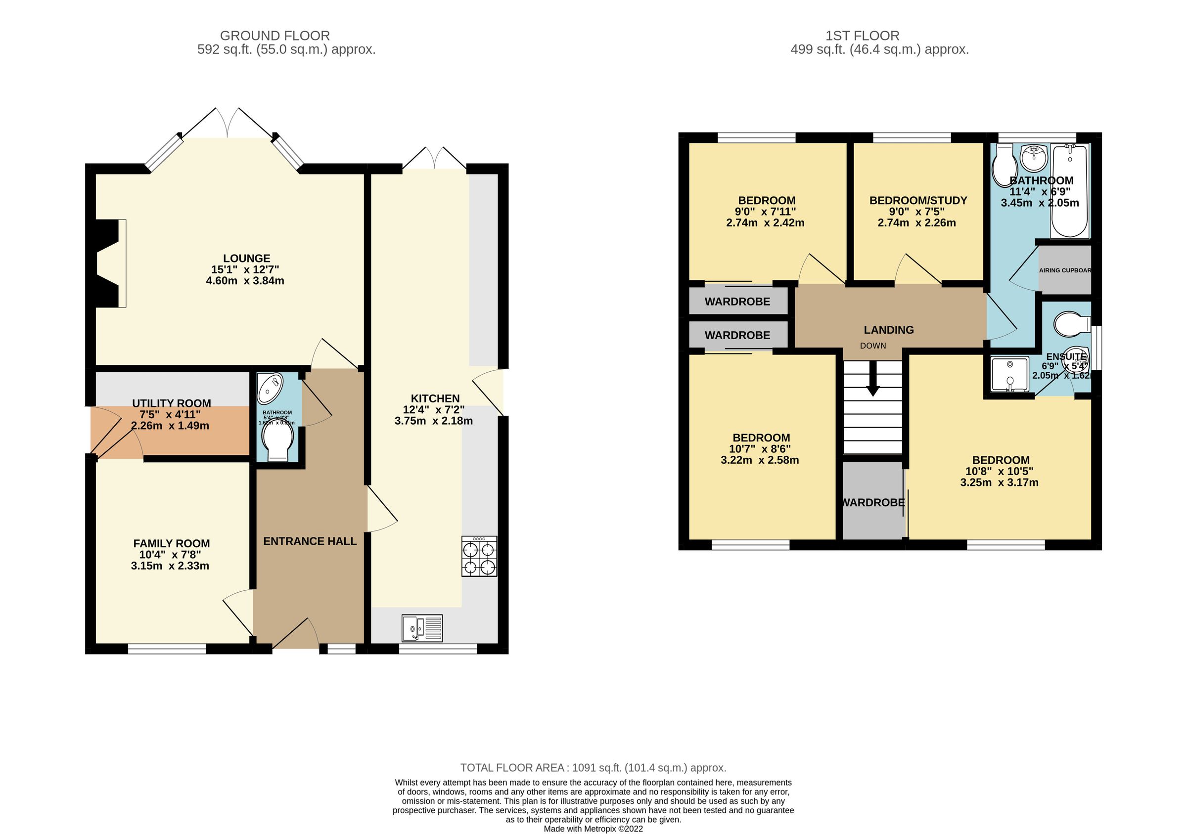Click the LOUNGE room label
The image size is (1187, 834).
[x=247, y=259]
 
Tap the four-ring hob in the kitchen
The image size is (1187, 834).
[x=479, y=556]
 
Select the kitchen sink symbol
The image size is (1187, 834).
[x=422, y=628]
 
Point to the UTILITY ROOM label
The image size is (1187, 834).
[x=171, y=403]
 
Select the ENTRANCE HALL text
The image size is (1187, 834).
[x=310, y=541]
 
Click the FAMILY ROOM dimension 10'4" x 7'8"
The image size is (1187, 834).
[x=170, y=555]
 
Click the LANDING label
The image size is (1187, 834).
[x=889, y=330]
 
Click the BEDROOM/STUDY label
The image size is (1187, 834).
[x=918, y=201]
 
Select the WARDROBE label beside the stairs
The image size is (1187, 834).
[x=873, y=502]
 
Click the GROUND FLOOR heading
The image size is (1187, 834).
[x=274, y=36]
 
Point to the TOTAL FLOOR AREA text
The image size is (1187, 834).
[x=593, y=767]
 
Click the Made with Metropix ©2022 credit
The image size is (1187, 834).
[x=593, y=829]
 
